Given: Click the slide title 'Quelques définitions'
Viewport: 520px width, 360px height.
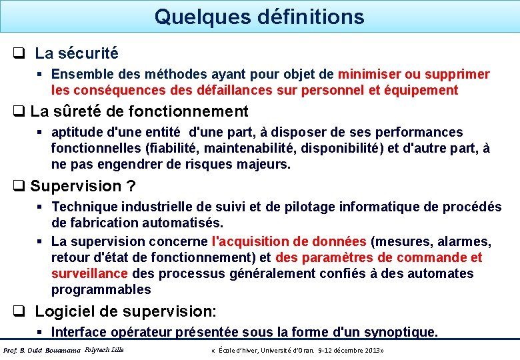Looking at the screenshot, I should tap(259, 17).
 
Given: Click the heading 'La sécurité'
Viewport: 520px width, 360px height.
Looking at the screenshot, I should tap(76, 53).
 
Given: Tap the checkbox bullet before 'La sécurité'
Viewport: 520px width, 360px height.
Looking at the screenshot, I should tap(19, 53).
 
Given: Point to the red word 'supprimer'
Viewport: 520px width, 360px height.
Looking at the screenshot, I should tap(459, 74).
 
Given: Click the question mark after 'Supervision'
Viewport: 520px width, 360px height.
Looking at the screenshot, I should tap(131, 186).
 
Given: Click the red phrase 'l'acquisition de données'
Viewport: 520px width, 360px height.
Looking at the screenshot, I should tap(289, 241).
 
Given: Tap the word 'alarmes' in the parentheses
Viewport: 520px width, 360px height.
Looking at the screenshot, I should tap(465, 241).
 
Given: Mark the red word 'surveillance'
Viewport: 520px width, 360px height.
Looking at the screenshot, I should tap(89, 273).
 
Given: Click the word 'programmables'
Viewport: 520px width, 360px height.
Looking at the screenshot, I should tap(101, 289).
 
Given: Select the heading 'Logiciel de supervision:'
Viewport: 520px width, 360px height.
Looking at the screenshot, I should tap(125, 311).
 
